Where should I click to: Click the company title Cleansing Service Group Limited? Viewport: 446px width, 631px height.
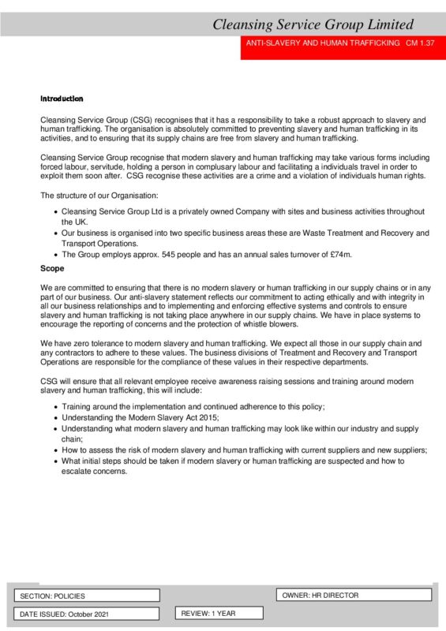click(x=324, y=24)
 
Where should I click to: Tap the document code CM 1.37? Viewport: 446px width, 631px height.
click(x=421, y=43)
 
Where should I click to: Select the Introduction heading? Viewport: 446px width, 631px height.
click(x=62, y=99)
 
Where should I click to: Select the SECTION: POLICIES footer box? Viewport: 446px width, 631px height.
click(x=53, y=596)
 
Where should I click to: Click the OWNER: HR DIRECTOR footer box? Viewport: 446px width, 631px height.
click(x=320, y=595)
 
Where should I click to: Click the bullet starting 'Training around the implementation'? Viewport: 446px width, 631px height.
click(x=193, y=405)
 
